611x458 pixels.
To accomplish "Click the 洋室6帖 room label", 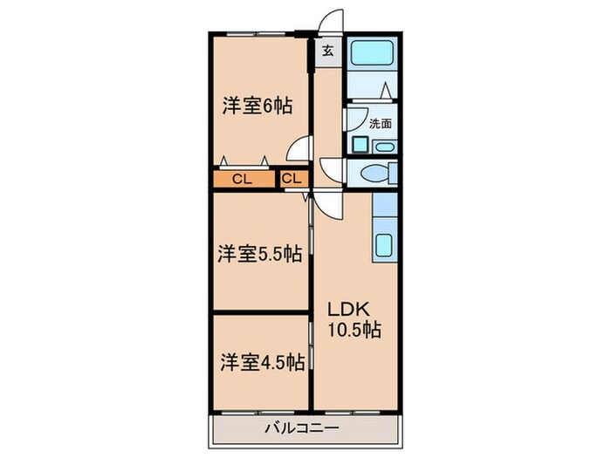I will click(x=255, y=106).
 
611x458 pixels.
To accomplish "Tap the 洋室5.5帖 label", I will click(x=259, y=254).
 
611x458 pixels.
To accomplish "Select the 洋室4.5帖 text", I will click(x=261, y=360).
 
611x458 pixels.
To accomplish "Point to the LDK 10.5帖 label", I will click(x=354, y=319).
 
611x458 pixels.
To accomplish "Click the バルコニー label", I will click(x=301, y=427).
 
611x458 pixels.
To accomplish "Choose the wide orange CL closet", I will click(x=242, y=180).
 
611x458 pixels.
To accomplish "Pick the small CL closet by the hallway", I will click(x=293, y=180).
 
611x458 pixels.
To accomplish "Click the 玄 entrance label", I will click(x=327, y=51).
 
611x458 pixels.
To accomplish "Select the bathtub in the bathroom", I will click(x=373, y=56).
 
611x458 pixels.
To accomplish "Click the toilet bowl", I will click(x=374, y=172).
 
